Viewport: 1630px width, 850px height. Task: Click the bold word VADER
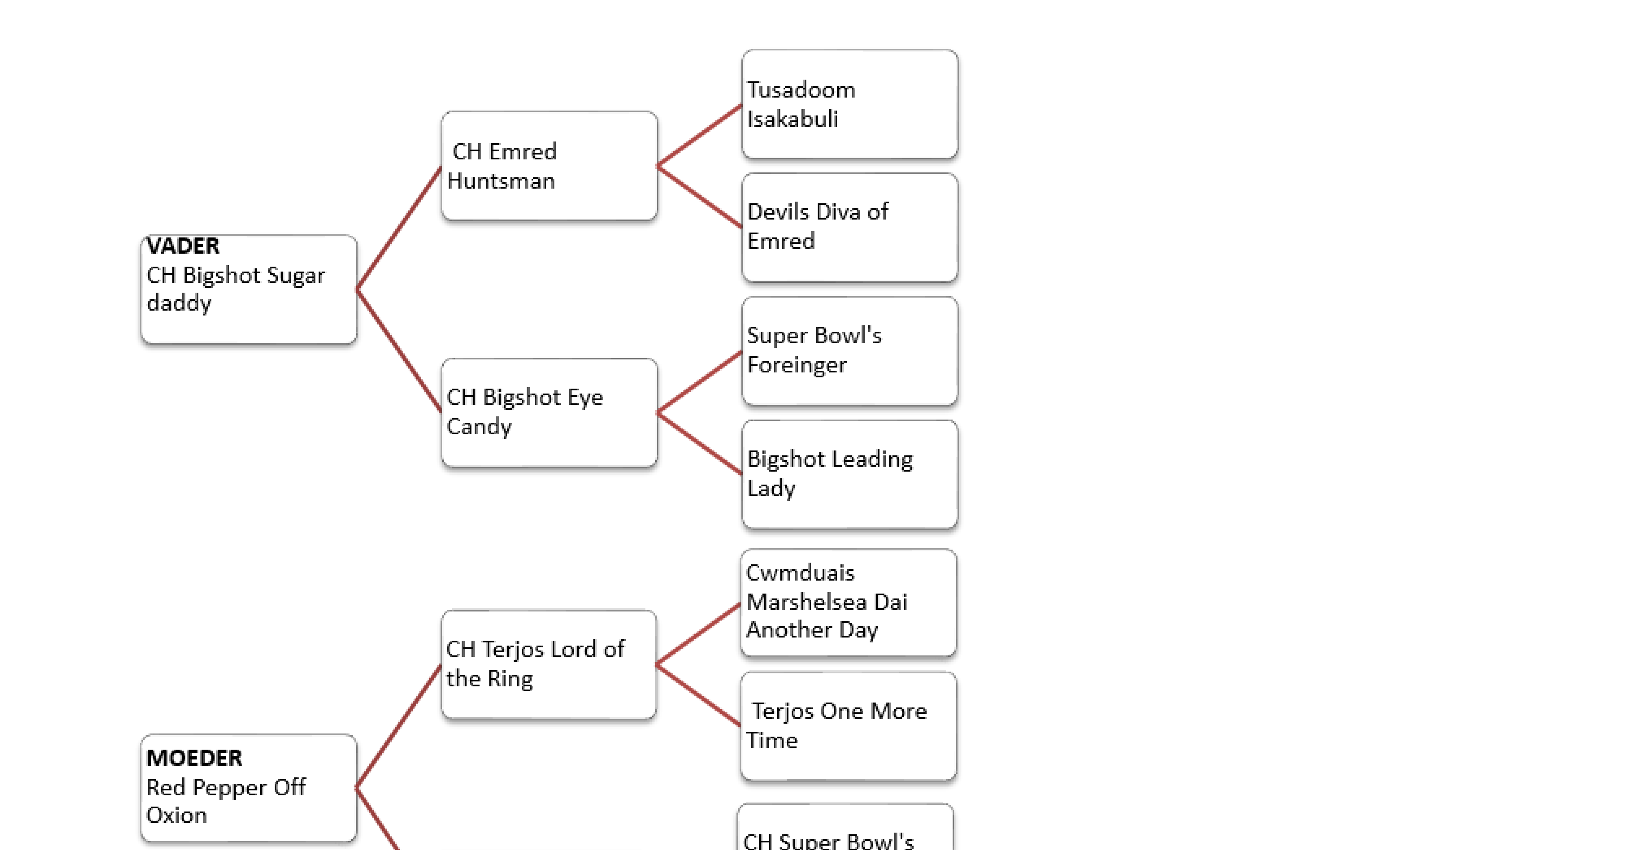(183, 246)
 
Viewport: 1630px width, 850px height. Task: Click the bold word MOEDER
(193, 758)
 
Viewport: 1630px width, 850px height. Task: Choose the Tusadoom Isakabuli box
(849, 104)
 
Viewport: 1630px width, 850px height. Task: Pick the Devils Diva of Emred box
(849, 227)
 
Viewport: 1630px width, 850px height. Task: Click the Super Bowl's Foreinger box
(849, 351)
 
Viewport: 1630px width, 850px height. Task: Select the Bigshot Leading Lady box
(849, 474)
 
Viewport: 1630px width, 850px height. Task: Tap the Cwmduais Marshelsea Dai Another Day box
(848, 602)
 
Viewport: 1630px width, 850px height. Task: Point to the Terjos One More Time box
(848, 726)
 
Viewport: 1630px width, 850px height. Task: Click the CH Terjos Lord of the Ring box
(548, 664)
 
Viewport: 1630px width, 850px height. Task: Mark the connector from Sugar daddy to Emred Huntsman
(399, 228)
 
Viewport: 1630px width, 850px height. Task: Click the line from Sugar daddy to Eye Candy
(399, 350)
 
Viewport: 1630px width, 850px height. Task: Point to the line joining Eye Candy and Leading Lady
(699, 443)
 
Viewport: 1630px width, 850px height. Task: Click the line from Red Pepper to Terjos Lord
(399, 726)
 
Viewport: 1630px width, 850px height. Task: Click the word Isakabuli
(792, 119)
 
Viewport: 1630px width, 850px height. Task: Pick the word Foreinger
(797, 365)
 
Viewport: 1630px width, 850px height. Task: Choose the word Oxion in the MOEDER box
(177, 815)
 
